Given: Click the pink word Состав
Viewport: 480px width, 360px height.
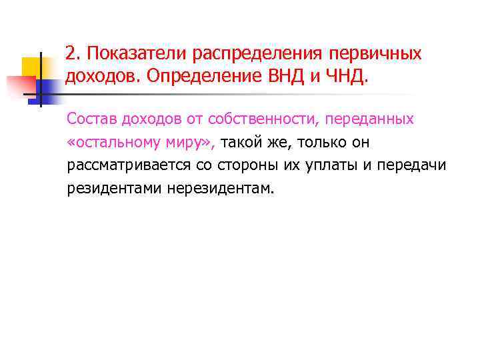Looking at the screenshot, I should click(x=91, y=119).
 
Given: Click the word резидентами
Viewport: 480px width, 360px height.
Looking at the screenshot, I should click(x=109, y=188).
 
